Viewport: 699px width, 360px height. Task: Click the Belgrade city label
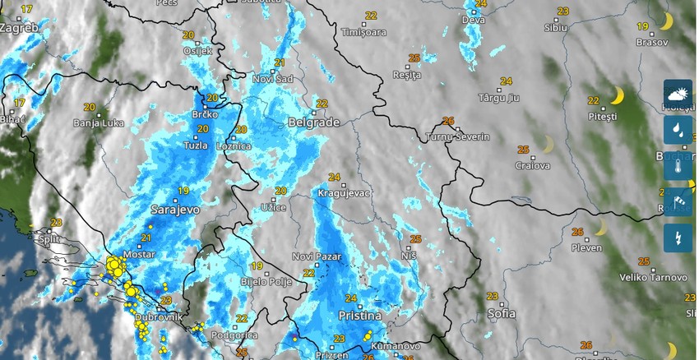click(313, 122)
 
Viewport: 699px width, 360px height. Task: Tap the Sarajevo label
click(175, 210)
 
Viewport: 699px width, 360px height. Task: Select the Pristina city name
click(360, 316)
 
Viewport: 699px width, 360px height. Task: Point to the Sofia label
click(501, 313)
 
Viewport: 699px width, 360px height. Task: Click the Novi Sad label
click(272, 78)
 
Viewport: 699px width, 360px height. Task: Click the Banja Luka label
click(98, 123)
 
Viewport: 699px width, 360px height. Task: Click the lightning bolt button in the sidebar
click(678, 238)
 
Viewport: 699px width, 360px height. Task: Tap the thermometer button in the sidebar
click(678, 164)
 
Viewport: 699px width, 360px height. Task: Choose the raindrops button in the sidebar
click(678, 128)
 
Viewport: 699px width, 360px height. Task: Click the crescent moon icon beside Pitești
click(617, 96)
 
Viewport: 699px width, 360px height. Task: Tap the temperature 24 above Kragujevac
click(334, 177)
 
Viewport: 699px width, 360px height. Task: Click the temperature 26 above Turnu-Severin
click(448, 121)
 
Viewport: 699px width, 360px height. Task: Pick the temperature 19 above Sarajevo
click(183, 191)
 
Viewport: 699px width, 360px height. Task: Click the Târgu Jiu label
click(499, 98)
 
